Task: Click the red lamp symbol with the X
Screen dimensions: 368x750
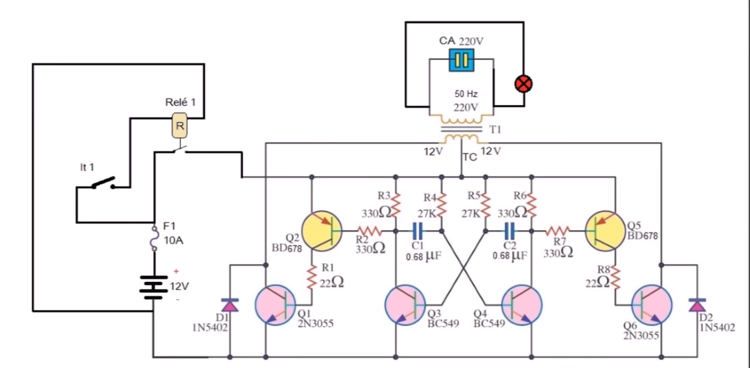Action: tap(523, 84)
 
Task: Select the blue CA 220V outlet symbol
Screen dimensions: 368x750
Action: tap(461, 60)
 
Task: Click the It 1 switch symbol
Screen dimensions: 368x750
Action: tap(103, 183)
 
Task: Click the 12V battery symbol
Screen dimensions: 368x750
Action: tap(153, 286)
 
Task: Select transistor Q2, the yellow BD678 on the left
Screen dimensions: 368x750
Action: tap(322, 230)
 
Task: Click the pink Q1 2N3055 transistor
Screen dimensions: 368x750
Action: tap(275, 305)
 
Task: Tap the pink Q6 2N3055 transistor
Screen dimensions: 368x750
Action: tap(651, 305)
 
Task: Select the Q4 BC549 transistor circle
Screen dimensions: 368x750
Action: tap(521, 305)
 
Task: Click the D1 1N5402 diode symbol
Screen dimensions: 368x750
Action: tap(230, 305)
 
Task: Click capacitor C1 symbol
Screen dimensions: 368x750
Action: tap(417, 230)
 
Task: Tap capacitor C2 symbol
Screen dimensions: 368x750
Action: tap(509, 230)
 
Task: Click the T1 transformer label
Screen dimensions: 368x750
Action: tap(495, 129)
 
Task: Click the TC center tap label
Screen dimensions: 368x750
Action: tap(469, 157)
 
